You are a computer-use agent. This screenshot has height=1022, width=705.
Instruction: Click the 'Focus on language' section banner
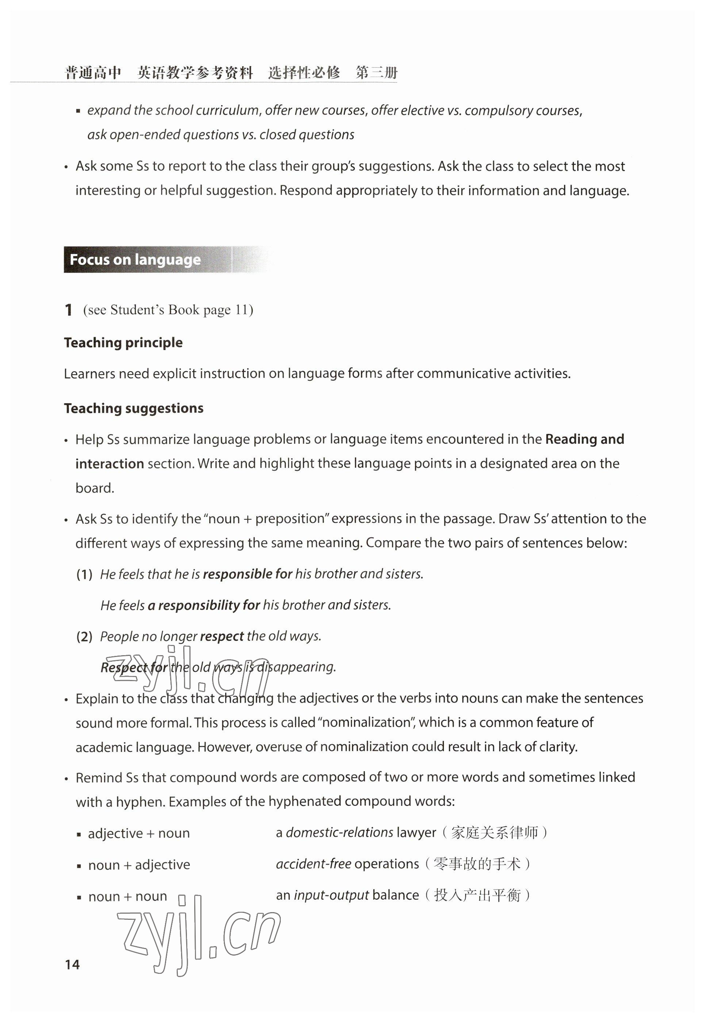click(x=135, y=259)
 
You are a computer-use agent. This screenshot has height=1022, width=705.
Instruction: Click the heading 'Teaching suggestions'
click(x=133, y=408)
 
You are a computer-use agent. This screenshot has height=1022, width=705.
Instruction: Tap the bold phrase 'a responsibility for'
click(x=204, y=605)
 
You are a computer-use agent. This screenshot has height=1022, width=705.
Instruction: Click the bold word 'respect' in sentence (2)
click(x=222, y=636)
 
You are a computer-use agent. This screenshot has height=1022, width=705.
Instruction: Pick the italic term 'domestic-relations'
click(x=339, y=833)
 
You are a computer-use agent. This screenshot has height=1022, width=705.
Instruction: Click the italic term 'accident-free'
click(x=314, y=864)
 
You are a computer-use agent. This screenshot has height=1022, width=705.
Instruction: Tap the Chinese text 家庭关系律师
click(x=494, y=833)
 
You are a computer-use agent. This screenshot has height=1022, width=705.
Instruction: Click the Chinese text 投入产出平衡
click(x=477, y=895)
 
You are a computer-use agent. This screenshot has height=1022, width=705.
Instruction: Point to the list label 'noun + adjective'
click(x=139, y=864)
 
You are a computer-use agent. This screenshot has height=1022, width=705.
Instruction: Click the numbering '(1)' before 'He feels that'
click(x=84, y=574)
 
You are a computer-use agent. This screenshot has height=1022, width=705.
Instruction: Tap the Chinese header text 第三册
click(x=377, y=72)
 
